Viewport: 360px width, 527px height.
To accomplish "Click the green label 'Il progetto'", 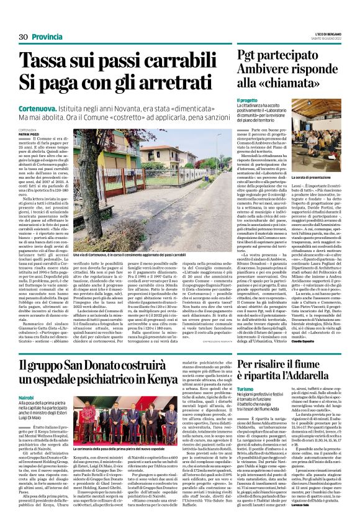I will pos(247,101).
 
